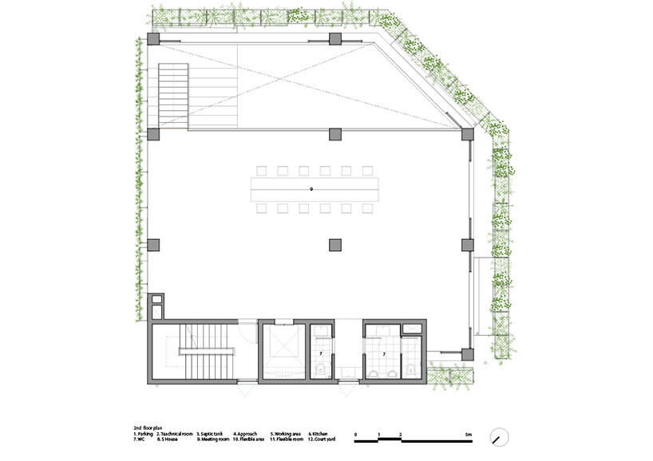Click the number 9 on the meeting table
[x=312, y=189]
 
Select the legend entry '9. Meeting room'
[x=212, y=439]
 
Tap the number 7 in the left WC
[x=321, y=353]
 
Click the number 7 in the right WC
[x=384, y=353]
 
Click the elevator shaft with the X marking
[x=283, y=351]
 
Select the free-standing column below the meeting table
[x=334, y=243]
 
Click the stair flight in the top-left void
[x=172, y=93]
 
